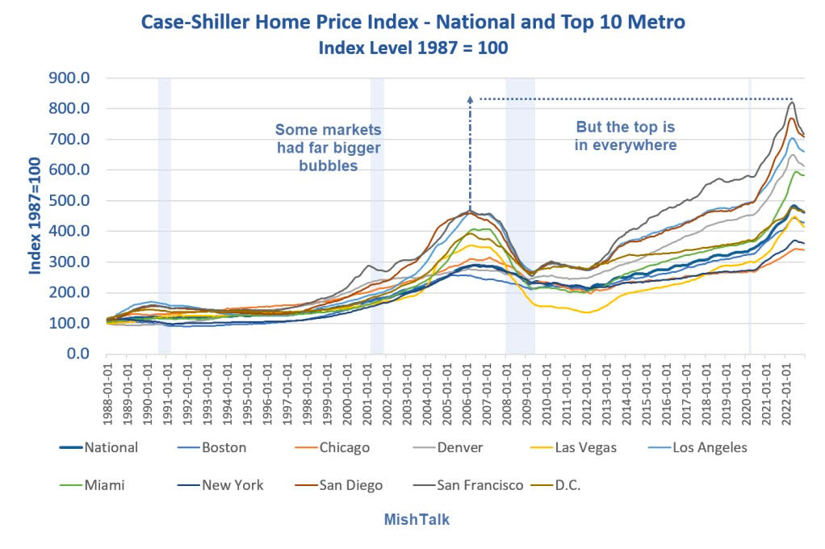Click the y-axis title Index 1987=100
point(36,216)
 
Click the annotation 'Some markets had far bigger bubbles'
point(328,148)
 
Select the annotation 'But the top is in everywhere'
point(625,136)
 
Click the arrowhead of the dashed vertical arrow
point(470,98)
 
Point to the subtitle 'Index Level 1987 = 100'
point(412,48)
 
